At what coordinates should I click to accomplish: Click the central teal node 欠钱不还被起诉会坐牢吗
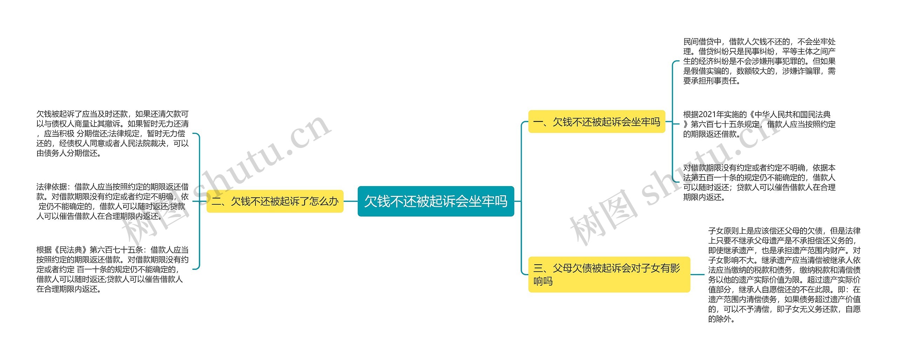(x=436, y=201)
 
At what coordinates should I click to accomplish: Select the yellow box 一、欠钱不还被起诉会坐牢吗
(x=596, y=122)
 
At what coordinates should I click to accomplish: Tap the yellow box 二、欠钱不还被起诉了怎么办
(x=275, y=201)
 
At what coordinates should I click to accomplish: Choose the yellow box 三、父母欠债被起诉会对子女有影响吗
(x=609, y=274)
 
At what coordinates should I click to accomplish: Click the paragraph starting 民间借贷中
(x=759, y=61)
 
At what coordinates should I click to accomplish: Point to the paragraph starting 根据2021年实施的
(x=759, y=124)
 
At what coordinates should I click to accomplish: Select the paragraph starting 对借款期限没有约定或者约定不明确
(x=759, y=182)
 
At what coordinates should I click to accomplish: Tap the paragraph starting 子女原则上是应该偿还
(x=784, y=274)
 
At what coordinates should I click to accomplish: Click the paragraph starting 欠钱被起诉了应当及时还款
(x=112, y=134)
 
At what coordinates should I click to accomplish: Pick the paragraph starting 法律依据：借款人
(x=112, y=201)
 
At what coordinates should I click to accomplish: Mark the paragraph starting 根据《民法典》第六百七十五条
(x=112, y=269)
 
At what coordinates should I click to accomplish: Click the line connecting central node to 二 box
(x=350, y=201)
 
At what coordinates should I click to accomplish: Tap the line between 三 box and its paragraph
(x=697, y=274)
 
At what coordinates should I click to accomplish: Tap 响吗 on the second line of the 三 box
(x=543, y=281)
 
